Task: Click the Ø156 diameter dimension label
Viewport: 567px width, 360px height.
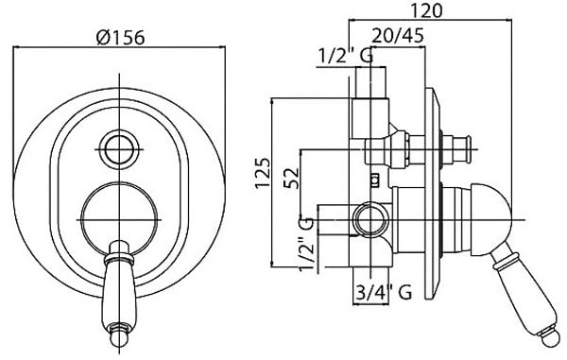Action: coord(121,37)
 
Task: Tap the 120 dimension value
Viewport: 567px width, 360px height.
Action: coord(426,10)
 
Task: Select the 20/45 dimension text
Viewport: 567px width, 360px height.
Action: coord(398,36)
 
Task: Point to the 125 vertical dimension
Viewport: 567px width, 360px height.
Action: coord(263,173)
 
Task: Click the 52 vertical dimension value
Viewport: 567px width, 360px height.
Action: coord(291,178)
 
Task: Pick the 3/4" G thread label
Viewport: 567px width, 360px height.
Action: coord(384,292)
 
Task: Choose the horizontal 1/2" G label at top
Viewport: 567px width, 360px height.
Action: coord(346,56)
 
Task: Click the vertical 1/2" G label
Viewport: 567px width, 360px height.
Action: coord(305,245)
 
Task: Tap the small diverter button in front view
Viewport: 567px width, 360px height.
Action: coord(120,149)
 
